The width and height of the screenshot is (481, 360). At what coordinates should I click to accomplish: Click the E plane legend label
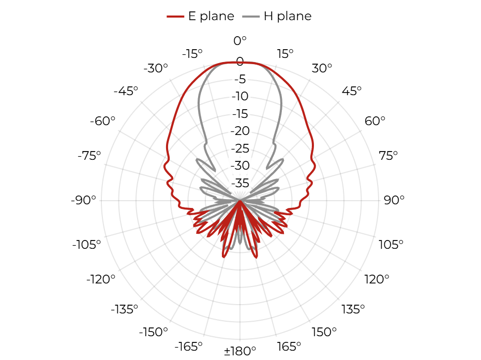click(x=211, y=16)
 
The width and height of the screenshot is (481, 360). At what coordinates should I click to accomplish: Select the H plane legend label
click(x=288, y=16)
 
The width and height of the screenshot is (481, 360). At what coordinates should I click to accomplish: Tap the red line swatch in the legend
click(x=175, y=16)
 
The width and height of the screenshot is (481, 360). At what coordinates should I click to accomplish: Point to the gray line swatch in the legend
click(x=251, y=16)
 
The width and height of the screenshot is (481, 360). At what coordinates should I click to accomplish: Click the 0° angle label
click(x=240, y=40)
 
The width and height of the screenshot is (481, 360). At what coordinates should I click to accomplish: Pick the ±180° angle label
click(x=240, y=351)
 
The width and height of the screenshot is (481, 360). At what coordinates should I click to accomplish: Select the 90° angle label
click(x=394, y=200)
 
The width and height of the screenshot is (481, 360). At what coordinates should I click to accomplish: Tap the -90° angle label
click(x=83, y=200)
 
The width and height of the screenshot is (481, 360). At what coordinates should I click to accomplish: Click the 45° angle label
click(x=352, y=91)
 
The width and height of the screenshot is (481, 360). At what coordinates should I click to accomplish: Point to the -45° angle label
click(x=126, y=91)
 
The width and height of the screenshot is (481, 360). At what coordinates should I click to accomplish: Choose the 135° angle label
click(x=353, y=309)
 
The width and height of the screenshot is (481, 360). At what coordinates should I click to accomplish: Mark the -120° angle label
click(x=101, y=279)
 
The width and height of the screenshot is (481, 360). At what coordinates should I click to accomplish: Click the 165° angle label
click(x=289, y=347)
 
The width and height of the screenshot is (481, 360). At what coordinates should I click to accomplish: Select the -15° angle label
click(x=192, y=54)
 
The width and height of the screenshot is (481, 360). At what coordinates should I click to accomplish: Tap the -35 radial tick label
click(x=240, y=183)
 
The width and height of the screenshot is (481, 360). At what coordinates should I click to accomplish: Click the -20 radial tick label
click(x=240, y=131)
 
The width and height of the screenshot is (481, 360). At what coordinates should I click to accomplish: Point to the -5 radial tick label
click(x=240, y=79)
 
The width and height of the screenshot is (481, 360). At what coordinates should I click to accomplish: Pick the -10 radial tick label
click(x=240, y=96)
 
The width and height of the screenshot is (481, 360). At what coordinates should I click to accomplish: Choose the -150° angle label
click(x=154, y=332)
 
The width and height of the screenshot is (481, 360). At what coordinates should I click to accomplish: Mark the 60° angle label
click(x=375, y=121)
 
